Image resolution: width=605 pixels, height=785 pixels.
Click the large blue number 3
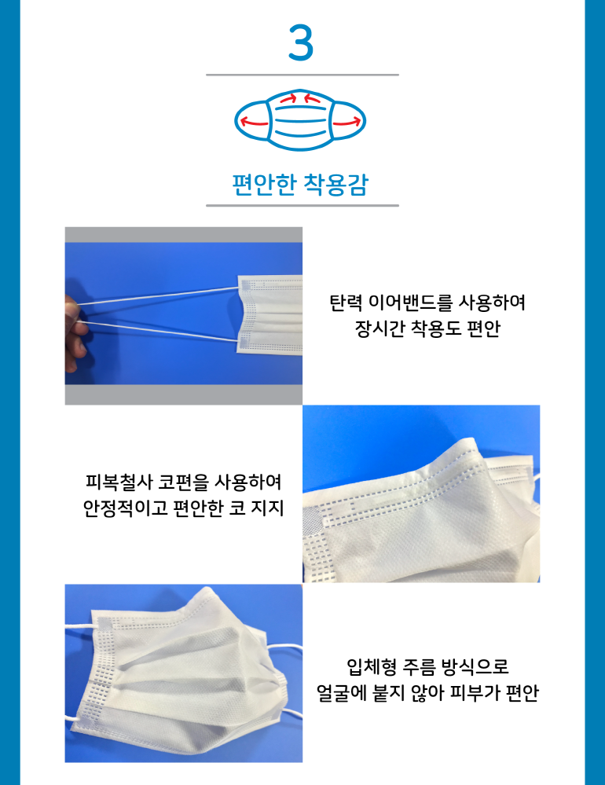point(301,43)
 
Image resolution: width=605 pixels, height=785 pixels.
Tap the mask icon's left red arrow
point(254,122)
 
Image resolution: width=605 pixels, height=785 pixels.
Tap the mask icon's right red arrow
point(346,122)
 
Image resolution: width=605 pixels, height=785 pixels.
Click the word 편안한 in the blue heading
point(265,184)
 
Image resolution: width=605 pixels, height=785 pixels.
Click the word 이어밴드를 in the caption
point(410,303)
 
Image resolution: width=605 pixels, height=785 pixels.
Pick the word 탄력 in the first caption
point(345,303)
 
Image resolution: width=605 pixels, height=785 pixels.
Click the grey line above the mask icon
point(302,75)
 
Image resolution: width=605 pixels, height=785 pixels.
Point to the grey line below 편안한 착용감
point(302,205)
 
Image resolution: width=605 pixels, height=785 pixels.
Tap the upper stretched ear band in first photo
point(158,295)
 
